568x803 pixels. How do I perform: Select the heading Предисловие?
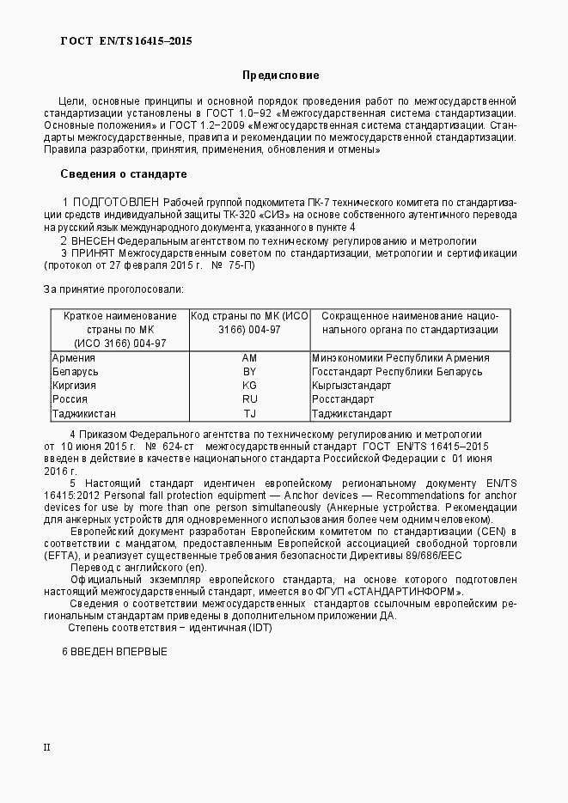pos(281,76)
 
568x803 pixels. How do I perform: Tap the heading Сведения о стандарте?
pos(124,174)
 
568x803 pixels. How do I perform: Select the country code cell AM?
pos(249,357)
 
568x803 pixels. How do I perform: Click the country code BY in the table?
pos(249,372)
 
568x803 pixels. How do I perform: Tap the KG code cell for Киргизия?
pos(249,386)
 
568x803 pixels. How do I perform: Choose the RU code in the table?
pos(249,399)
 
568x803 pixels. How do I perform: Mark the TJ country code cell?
pos(249,414)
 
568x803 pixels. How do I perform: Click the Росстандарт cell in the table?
pos(343,399)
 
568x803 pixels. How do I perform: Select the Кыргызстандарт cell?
pos(351,386)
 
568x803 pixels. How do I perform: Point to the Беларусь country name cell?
pos(76,372)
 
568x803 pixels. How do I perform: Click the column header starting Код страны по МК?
pos(249,323)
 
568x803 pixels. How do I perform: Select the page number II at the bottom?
pos(47,748)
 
